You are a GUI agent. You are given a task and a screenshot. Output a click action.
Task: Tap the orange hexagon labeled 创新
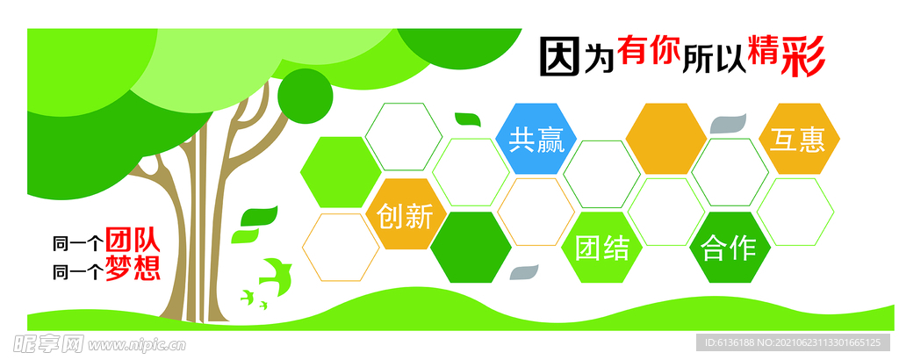click(405, 215)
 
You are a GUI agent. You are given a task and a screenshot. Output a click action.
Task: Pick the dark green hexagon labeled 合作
click(730, 247)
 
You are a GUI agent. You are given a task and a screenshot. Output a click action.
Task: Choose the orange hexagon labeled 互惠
click(798, 139)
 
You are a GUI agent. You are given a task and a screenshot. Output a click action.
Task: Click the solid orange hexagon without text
click(665, 139)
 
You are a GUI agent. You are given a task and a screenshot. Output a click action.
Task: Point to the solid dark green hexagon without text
click(471, 247)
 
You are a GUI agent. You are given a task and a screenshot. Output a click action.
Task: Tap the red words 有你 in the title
click(649, 53)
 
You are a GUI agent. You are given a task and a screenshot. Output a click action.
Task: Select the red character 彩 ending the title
click(801, 57)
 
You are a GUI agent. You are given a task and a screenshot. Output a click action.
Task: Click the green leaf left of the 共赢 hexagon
click(468, 121)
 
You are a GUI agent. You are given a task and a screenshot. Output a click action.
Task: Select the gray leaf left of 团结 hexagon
click(524, 272)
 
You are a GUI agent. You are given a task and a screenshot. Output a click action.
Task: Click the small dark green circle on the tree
click(306, 95)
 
